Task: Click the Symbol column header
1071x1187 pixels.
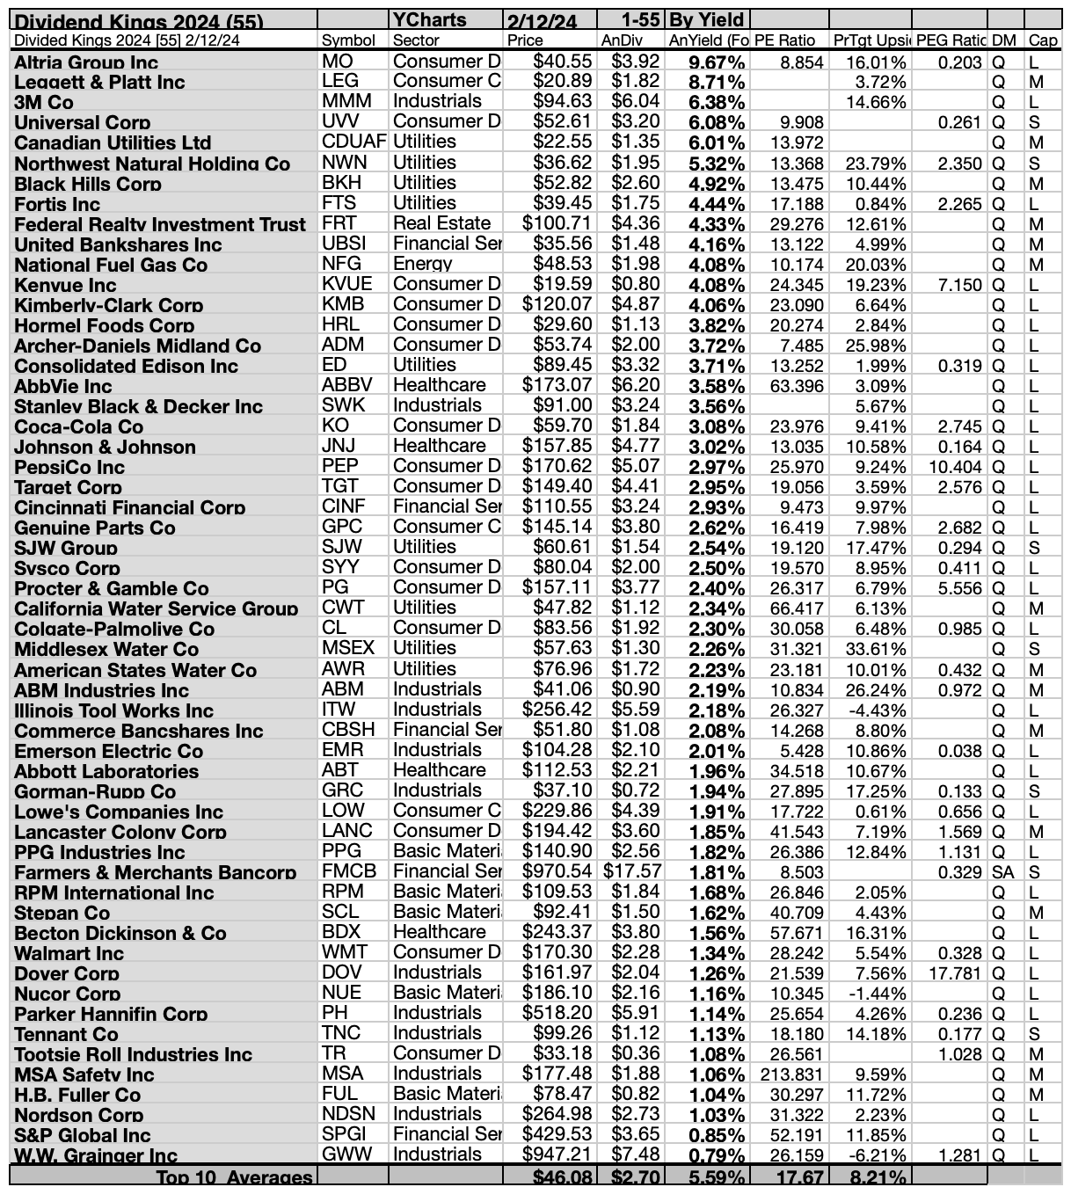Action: tap(348, 40)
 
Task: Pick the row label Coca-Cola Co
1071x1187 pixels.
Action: tap(79, 426)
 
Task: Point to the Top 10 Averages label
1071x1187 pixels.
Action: tap(234, 1177)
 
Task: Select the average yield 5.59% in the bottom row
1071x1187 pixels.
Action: tap(718, 1177)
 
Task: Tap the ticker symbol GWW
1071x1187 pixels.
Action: tap(346, 1154)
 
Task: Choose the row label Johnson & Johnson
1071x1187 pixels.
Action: tap(105, 447)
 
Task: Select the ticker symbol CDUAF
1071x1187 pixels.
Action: tap(353, 142)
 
